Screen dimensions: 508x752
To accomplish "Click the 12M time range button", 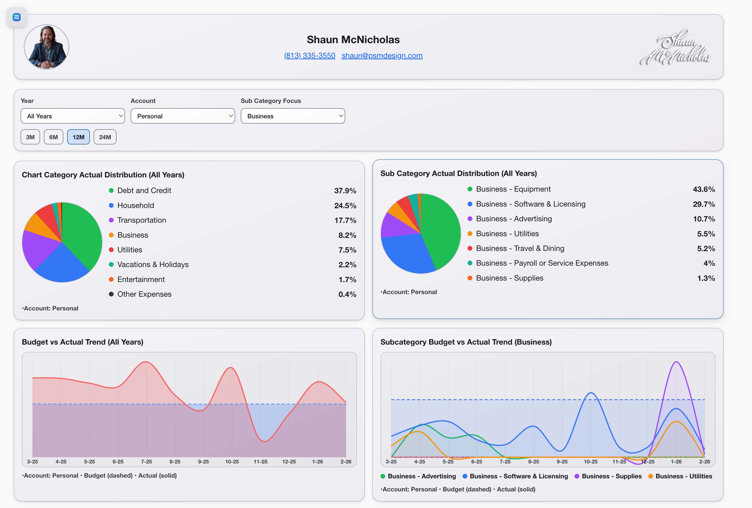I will (78, 137).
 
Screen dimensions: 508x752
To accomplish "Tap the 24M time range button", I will (105, 137).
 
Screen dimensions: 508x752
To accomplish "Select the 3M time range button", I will (30, 137).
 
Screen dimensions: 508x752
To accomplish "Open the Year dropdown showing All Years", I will (73, 116).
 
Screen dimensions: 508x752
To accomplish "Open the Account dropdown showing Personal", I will (182, 116).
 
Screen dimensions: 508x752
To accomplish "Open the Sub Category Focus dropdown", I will (292, 116).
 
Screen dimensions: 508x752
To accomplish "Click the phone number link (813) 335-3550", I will (309, 56).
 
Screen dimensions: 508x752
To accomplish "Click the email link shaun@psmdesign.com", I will (382, 56).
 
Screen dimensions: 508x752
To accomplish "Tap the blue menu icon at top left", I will (17, 17).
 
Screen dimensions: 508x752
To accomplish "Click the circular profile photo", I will (46, 47).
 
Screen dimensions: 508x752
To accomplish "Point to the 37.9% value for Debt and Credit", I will (345, 191).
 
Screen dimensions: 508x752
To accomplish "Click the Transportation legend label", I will (141, 220).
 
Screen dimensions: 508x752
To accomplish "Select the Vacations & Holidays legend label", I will (153, 264).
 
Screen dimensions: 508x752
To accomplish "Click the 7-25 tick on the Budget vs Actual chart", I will (146, 462).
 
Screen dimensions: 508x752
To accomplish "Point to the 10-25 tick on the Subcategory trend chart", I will (590, 462).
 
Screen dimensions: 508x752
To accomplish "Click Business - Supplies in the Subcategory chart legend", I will (611, 476).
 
